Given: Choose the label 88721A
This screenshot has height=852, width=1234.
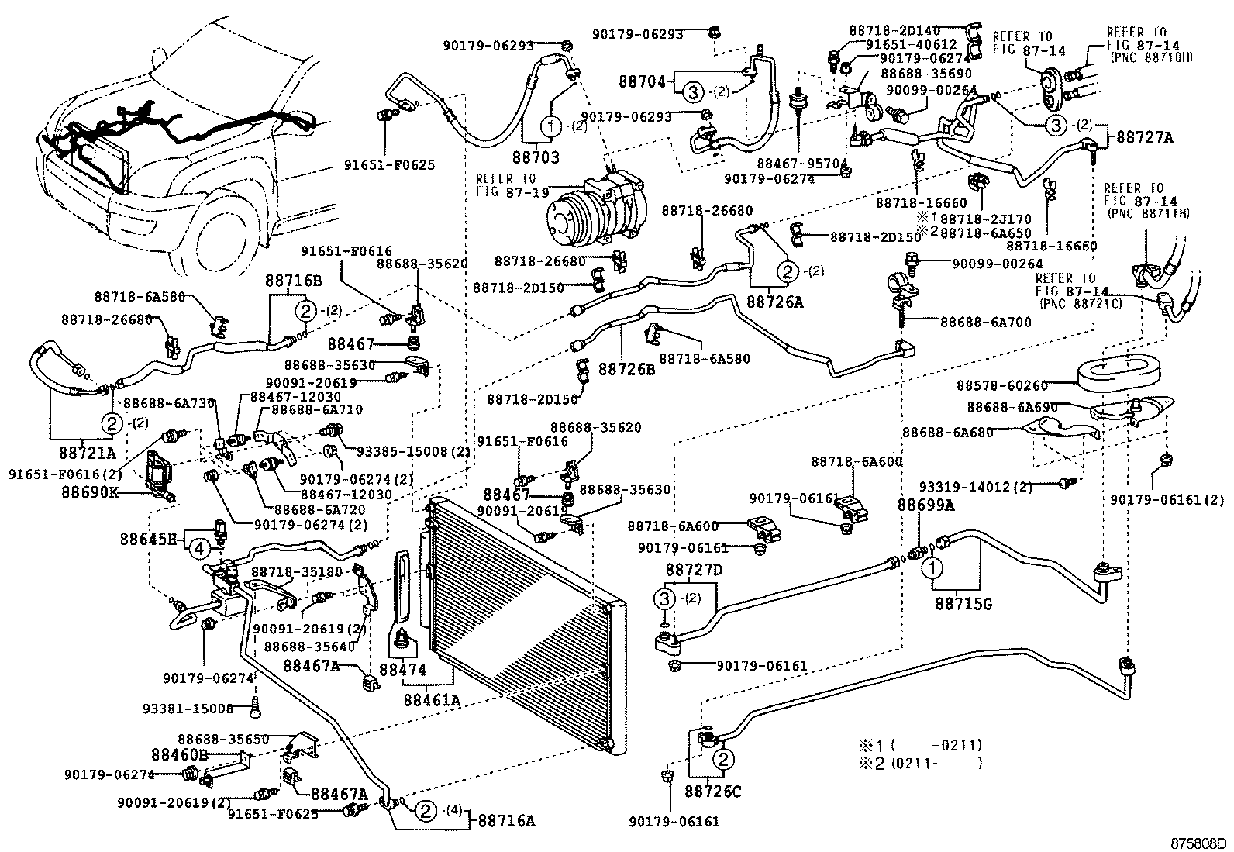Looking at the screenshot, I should (x=87, y=453).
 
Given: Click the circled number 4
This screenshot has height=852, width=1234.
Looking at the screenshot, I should (x=199, y=548).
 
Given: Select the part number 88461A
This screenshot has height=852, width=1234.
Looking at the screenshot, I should (x=432, y=699).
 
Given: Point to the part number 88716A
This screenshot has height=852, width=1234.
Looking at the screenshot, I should (x=505, y=820).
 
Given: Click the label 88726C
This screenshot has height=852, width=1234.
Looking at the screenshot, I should (x=713, y=792).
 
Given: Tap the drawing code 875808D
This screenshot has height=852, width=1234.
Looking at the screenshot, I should (x=1200, y=843).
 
